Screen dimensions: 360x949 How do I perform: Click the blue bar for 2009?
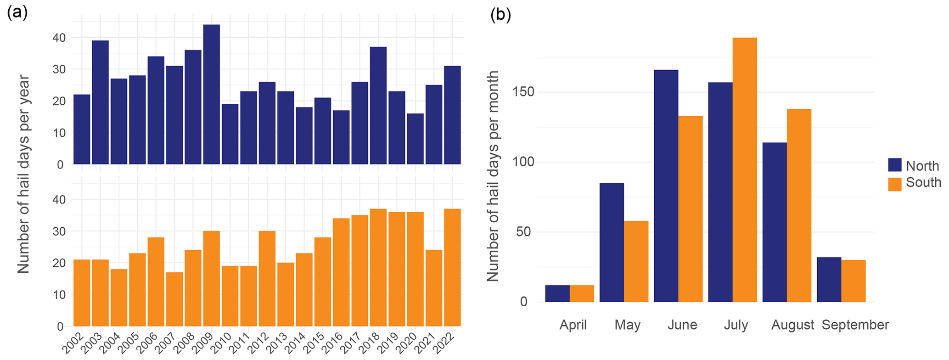pos(211,94)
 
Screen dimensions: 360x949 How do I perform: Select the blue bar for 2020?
pos(415,139)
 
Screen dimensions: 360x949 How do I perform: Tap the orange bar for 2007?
pos(174,299)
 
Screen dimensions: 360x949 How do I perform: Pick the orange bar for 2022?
pos(452,267)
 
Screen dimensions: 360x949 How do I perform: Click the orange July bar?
pos(745,170)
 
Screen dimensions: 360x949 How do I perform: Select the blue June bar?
pos(666,186)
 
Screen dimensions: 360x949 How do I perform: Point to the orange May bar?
pos(636,261)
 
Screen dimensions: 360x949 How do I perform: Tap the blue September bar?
pos(829,279)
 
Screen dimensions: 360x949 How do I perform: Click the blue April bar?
pos(557,293)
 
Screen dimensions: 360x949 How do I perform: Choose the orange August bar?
pos(799,205)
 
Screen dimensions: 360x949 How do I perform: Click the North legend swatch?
pos(895,165)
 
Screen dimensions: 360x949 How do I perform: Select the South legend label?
pos(923,183)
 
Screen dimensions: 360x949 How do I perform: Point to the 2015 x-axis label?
pos(320,342)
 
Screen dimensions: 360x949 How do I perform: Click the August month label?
pos(792,325)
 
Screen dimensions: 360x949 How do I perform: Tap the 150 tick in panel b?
pos(524,92)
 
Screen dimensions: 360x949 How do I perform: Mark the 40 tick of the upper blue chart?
pos(58,38)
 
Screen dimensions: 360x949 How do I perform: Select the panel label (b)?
pos(500,15)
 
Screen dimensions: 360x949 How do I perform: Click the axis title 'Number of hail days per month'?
pos(493,176)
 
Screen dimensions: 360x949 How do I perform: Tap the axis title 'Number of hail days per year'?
pos(24,174)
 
